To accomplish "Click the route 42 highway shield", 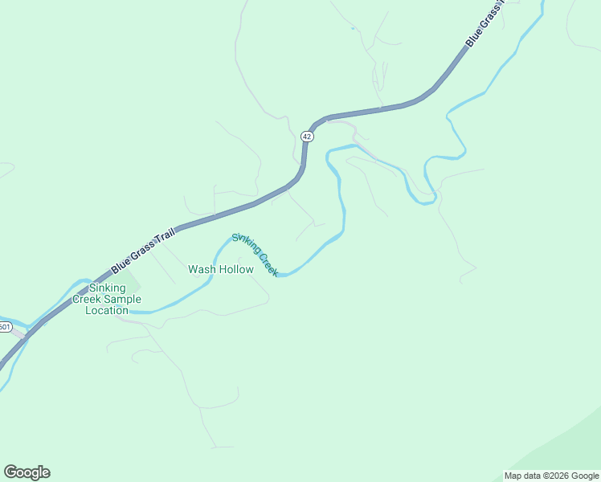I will tap(307, 137).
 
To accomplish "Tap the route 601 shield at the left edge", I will tap(4, 327).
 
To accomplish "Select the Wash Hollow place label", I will tap(221, 270).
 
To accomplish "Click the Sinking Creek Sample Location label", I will tap(107, 299).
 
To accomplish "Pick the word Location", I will tap(107, 310).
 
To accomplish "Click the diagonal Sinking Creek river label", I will tap(255, 255).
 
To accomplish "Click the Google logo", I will tap(27, 472).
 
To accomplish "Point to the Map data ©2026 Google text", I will tap(551, 476).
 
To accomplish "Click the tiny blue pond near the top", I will tap(352, 29).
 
